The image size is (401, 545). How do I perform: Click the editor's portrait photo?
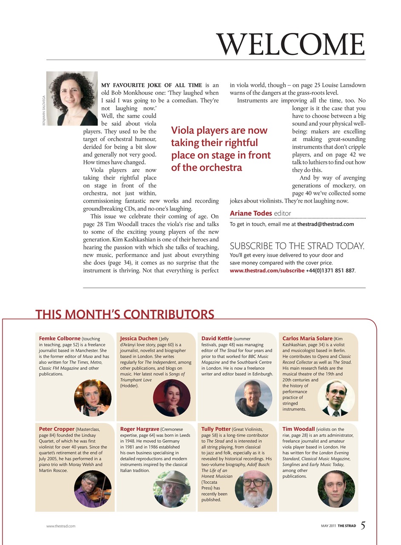click(x=72, y=98)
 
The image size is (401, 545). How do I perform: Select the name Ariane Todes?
click(x=251, y=213)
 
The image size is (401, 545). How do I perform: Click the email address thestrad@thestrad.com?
click(x=325, y=224)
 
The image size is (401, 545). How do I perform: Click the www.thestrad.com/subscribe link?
click(x=267, y=270)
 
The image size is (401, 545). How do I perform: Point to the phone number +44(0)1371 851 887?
click(x=330, y=270)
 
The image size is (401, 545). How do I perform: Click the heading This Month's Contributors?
click(x=125, y=315)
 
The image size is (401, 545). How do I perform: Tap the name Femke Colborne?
click(x=60, y=338)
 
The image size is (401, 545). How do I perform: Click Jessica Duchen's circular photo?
click(x=171, y=398)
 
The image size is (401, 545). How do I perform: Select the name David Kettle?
click(x=217, y=338)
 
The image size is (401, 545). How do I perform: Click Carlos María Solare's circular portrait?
click(x=336, y=398)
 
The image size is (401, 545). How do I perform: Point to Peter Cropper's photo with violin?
click(x=93, y=489)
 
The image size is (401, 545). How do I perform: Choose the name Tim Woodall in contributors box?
click(x=299, y=429)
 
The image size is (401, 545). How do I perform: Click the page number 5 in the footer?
click(x=363, y=525)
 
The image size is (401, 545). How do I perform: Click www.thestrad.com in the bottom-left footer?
click(x=61, y=526)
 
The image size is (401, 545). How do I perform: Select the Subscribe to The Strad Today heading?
click(x=297, y=246)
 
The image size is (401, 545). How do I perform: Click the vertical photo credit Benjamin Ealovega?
click(x=43, y=110)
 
